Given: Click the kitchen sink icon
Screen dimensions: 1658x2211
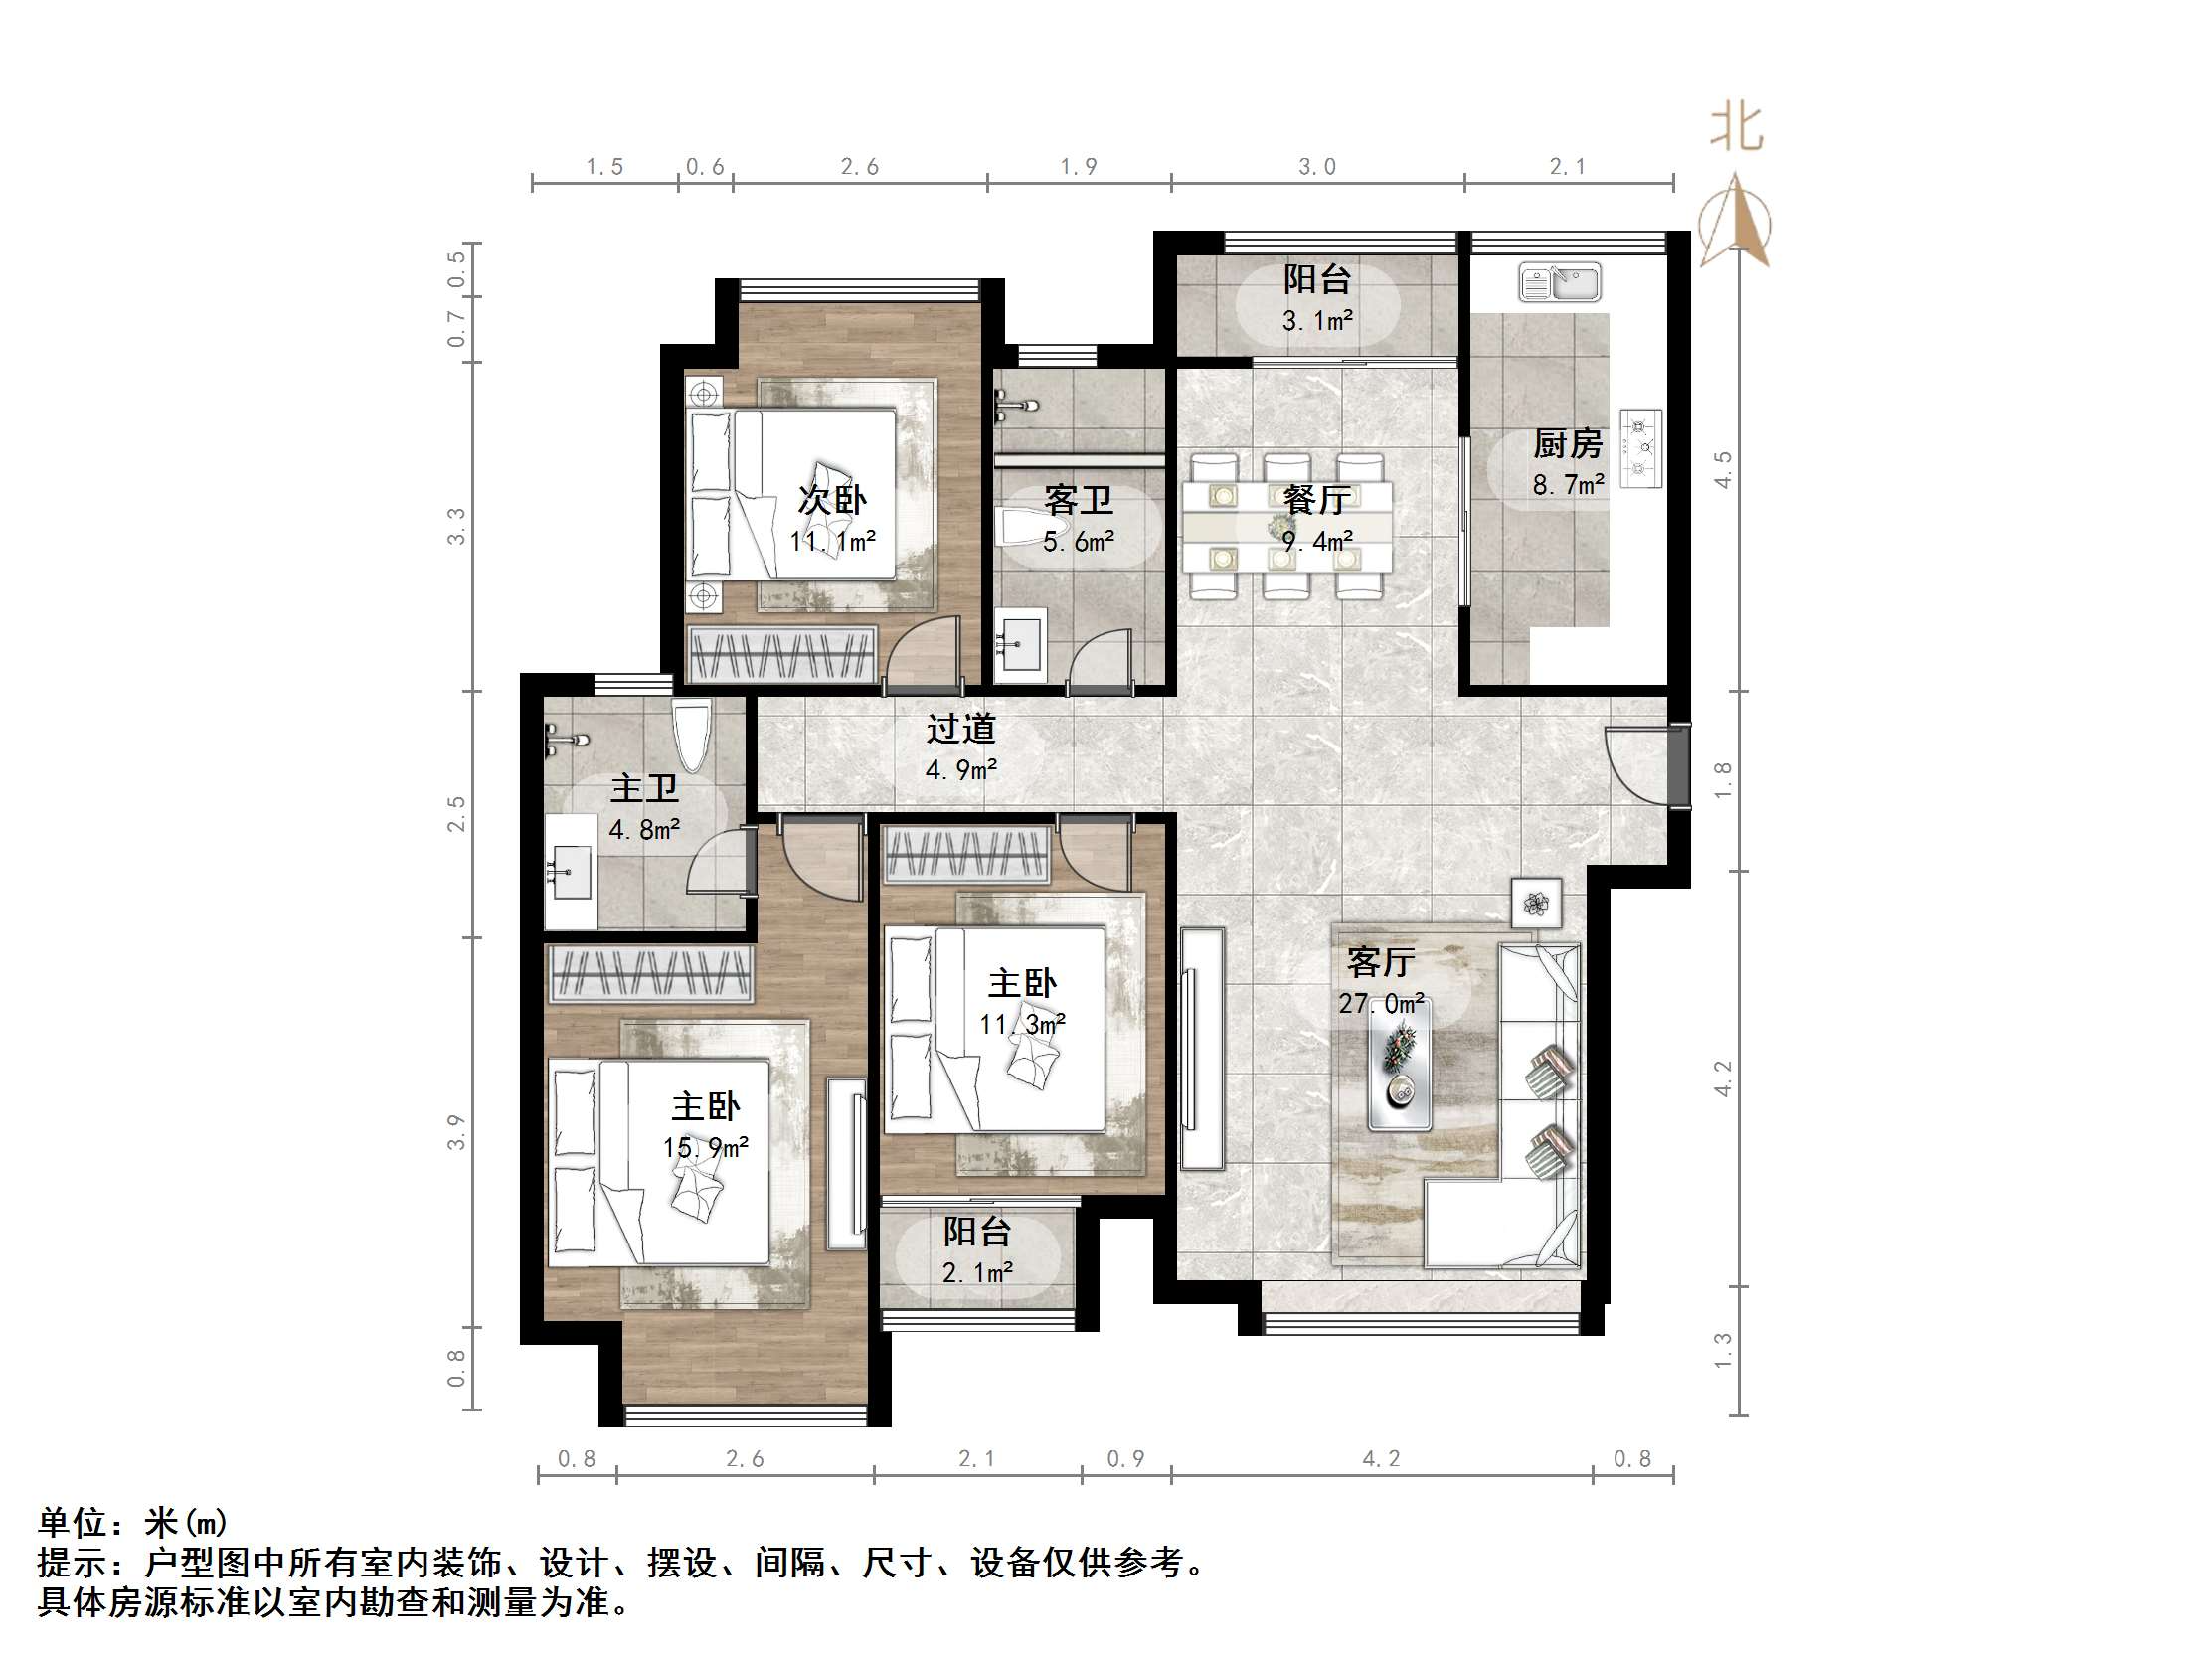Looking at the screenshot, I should click(1558, 283).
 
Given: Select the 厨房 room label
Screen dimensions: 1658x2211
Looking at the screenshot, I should click(1568, 443).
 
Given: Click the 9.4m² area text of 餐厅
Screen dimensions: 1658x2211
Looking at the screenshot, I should click(1317, 542).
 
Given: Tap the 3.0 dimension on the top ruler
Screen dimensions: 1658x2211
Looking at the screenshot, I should click(1316, 167).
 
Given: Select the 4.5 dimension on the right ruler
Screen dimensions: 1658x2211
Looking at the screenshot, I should click(1722, 470).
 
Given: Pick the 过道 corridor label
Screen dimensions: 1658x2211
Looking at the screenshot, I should click(960, 729).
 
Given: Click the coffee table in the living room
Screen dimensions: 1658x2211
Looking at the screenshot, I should click(1400, 1065).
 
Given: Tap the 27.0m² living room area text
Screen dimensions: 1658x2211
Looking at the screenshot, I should click(1381, 1003).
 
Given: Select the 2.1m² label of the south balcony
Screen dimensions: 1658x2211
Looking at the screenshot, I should click(976, 1273).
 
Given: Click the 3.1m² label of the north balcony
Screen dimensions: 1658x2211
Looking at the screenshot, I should click(1317, 321).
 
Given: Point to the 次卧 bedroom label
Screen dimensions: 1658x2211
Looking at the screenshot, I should click(832, 500).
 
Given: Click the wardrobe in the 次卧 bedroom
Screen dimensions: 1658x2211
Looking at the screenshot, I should click(780, 656).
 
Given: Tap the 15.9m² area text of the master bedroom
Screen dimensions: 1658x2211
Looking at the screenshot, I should click(706, 1148).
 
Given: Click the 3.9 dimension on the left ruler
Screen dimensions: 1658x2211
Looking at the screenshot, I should click(455, 1132).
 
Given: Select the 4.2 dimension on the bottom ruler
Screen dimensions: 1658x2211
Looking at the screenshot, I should click(1381, 1459).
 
